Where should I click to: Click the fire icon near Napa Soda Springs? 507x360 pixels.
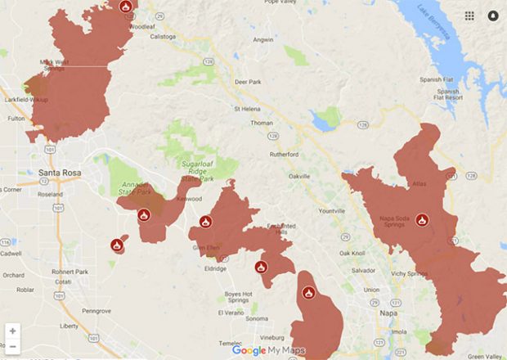(422, 219)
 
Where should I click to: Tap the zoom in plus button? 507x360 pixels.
(12, 331)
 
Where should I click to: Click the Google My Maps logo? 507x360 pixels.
(268, 350)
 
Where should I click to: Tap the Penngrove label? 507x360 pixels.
(96, 311)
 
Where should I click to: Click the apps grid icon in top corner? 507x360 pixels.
(469, 16)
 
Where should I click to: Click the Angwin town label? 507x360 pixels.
(263, 39)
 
